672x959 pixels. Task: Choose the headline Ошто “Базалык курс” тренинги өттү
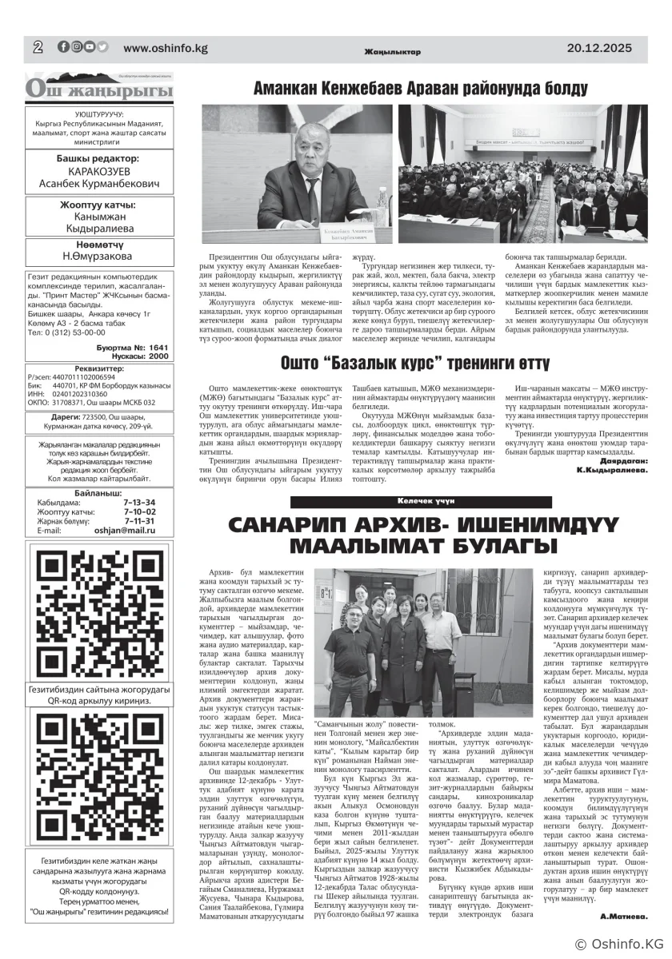[x=414, y=364]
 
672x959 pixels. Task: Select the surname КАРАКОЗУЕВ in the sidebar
[x=98, y=172]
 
